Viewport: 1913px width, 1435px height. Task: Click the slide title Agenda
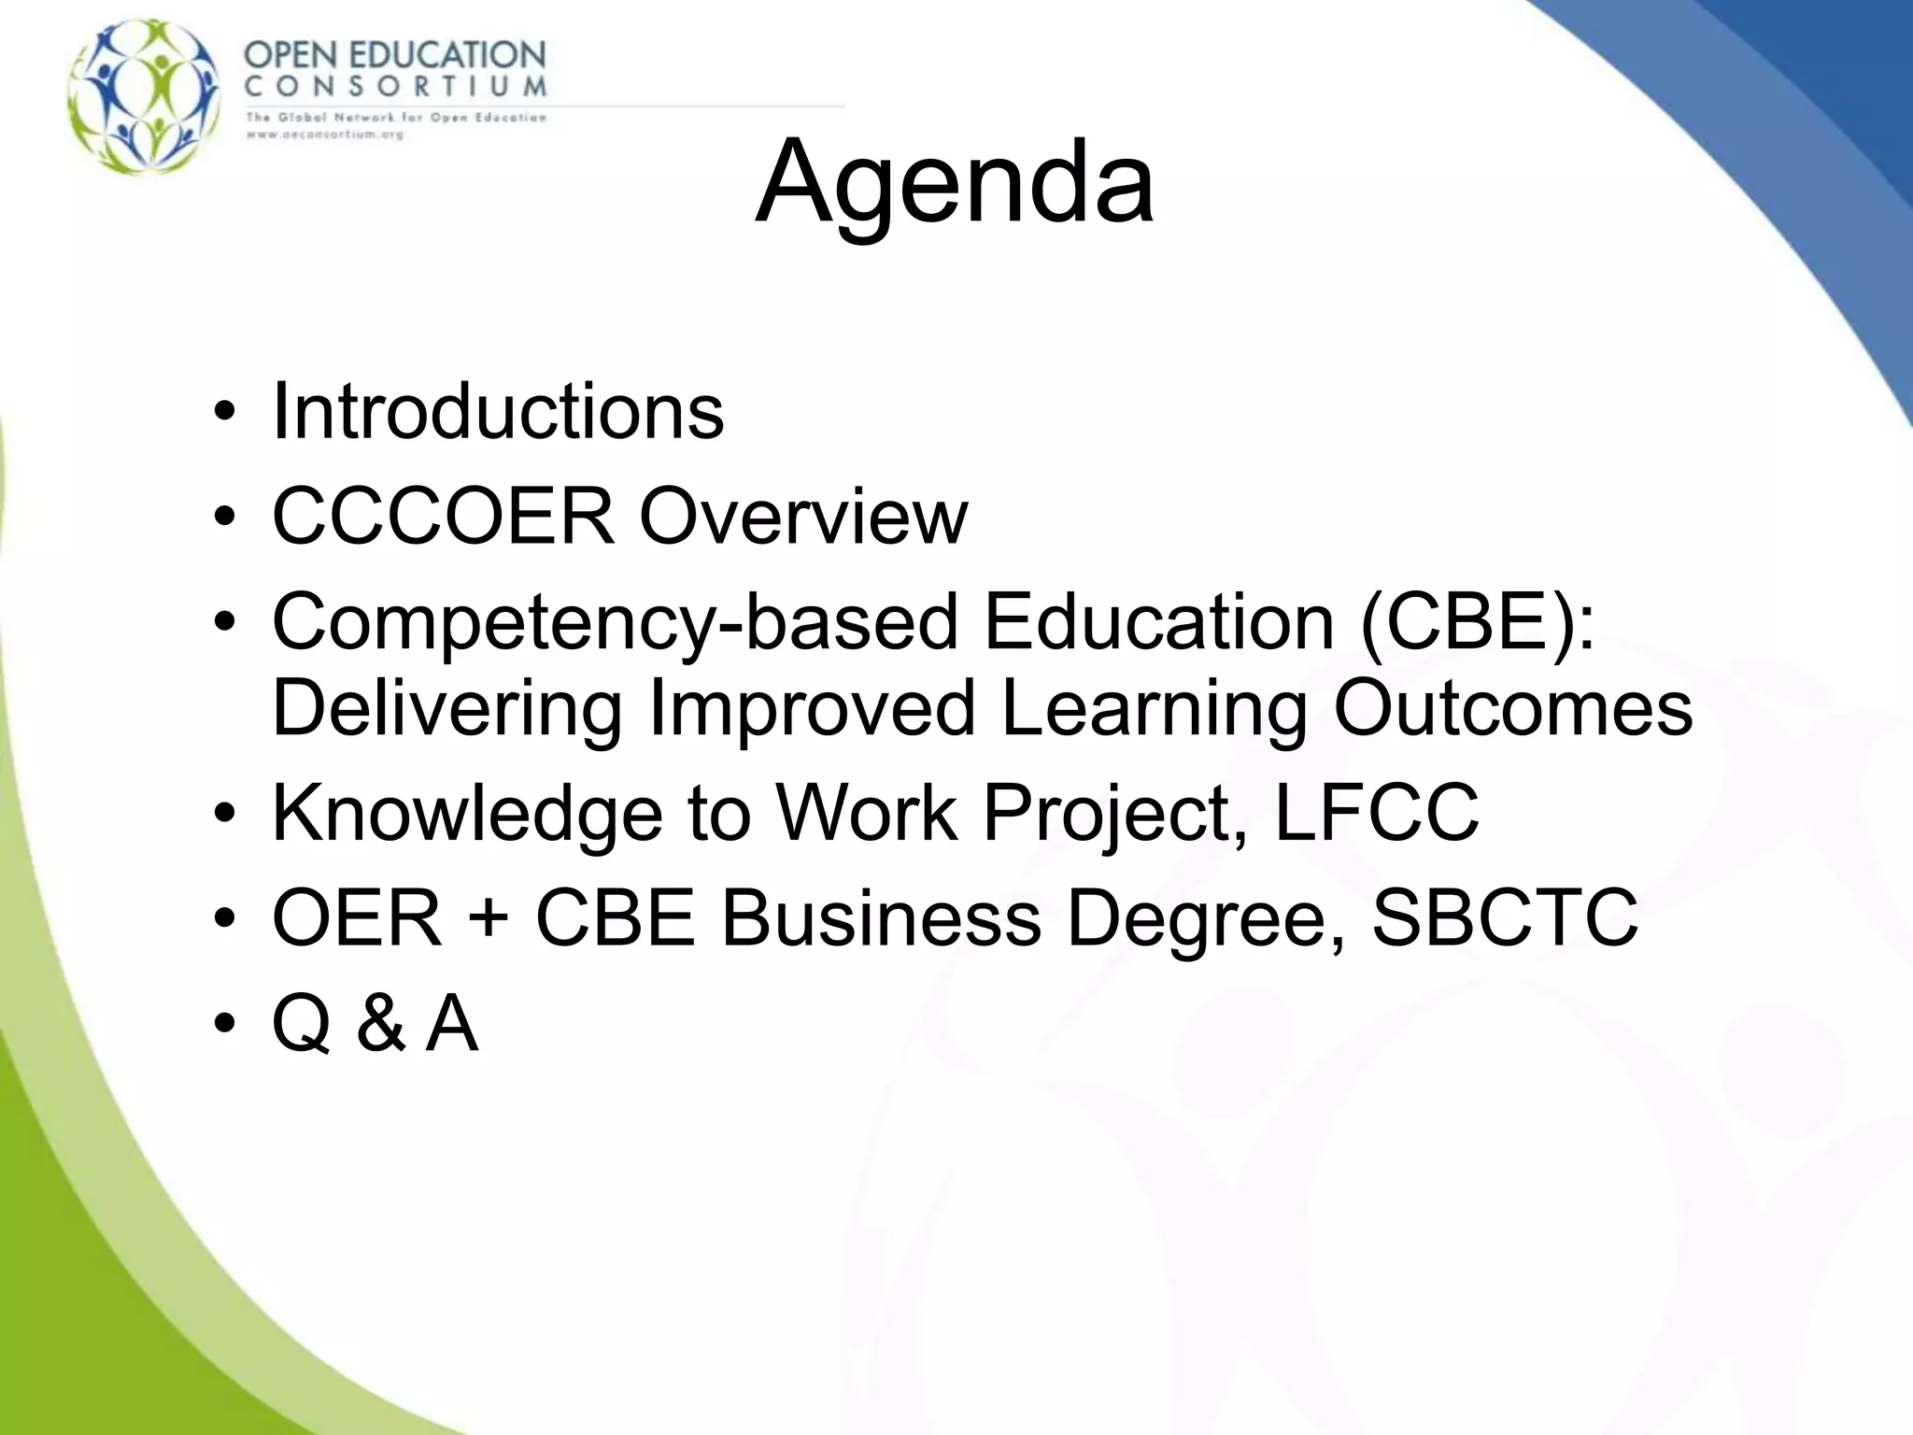tap(955, 181)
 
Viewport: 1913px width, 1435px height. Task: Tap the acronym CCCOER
tap(444, 516)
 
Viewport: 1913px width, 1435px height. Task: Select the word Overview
tap(803, 516)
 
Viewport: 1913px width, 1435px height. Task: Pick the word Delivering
tap(446, 708)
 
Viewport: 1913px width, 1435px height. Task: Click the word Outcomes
tap(1512, 708)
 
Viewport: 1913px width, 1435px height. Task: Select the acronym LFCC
tap(1376, 814)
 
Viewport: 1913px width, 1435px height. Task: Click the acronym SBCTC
tap(1504, 918)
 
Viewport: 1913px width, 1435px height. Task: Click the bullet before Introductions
tap(225, 413)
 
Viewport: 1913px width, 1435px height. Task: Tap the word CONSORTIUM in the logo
tap(395, 87)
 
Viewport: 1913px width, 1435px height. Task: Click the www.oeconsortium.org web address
tap(324, 135)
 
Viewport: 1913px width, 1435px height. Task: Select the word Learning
tap(1154, 708)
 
